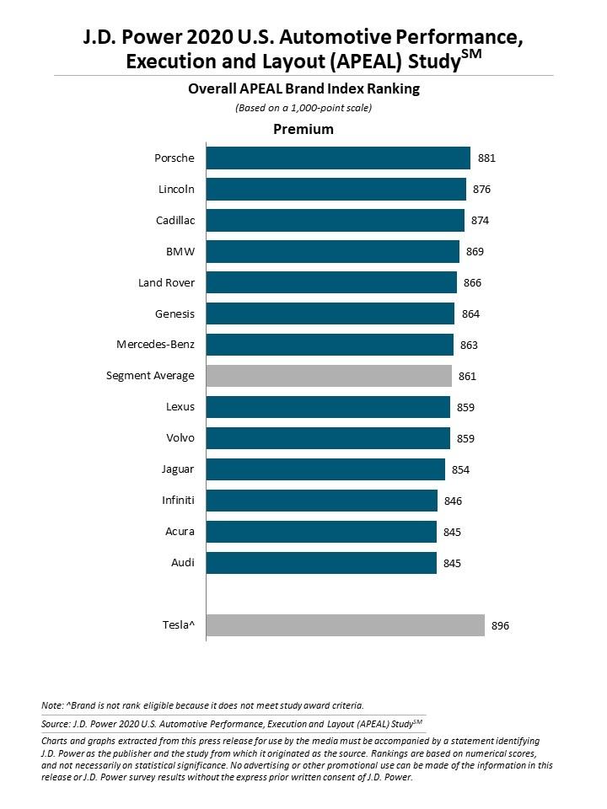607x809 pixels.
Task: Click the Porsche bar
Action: tap(338, 158)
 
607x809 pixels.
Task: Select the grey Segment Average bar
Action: tap(329, 376)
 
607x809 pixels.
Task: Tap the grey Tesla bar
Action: tap(346, 625)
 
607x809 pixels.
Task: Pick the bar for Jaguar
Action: tap(325, 469)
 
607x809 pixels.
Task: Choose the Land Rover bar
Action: tap(331, 282)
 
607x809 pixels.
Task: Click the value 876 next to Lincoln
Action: tap(482, 190)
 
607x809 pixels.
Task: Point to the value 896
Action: tap(501, 625)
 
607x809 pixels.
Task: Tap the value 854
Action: tap(459, 469)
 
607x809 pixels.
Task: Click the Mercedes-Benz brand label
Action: tap(155, 345)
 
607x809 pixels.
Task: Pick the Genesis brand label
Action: tap(175, 313)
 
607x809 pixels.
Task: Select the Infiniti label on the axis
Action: tap(178, 501)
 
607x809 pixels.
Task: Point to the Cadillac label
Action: tap(175, 221)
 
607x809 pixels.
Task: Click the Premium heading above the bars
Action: tap(303, 130)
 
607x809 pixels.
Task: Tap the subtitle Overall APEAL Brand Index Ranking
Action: tap(303, 88)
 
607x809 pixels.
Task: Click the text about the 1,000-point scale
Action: tap(303, 108)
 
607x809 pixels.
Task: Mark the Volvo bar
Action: tap(328, 438)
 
